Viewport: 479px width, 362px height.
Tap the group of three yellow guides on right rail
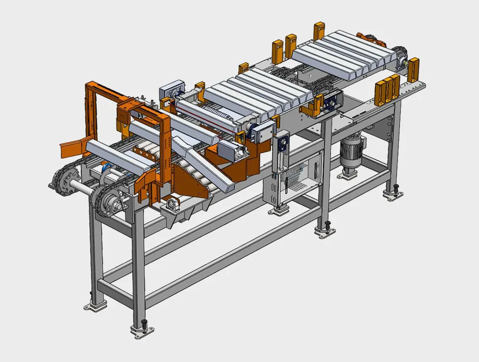coord(387,90)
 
